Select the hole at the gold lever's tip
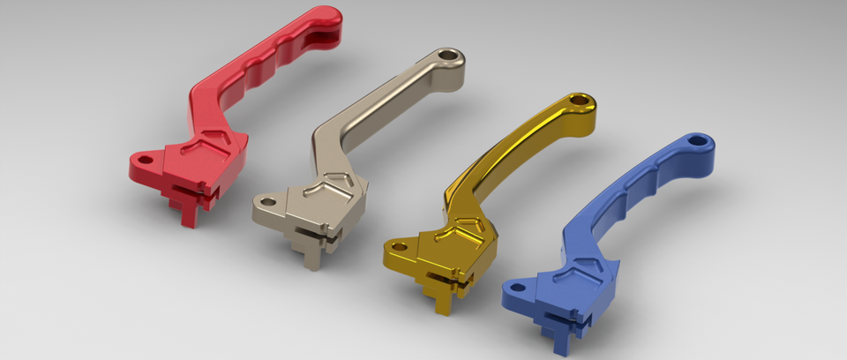point(581,101)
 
